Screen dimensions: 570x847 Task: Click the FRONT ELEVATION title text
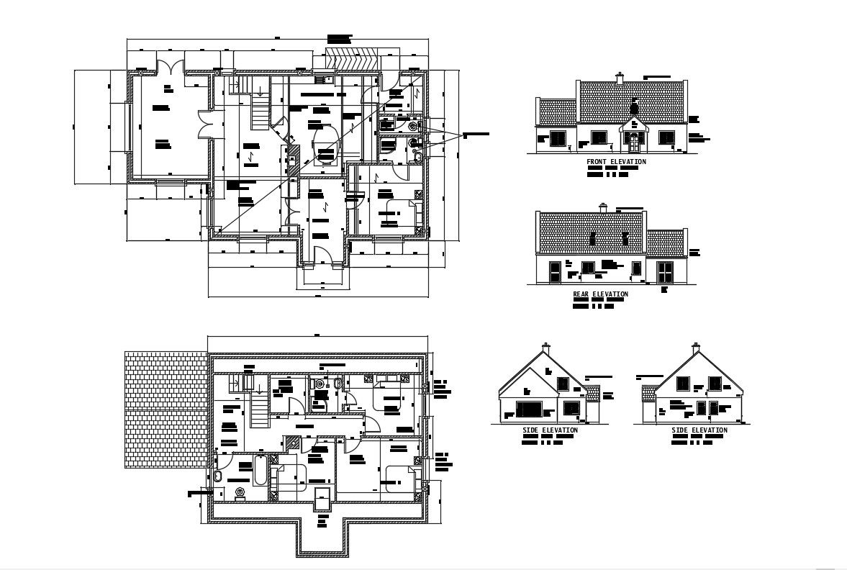[616, 162]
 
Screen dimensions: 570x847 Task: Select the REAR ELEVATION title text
[600, 294]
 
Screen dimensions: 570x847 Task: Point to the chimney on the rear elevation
[603, 208]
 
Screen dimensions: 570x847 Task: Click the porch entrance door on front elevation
[633, 142]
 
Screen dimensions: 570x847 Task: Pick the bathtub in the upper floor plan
[260, 471]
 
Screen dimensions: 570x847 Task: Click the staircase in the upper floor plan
[258, 410]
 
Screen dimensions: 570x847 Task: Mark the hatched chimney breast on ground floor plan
[294, 158]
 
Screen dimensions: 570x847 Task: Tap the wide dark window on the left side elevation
[530, 409]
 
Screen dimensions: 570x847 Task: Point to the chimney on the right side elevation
[695, 348]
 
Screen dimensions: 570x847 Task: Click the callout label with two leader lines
[476, 135]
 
